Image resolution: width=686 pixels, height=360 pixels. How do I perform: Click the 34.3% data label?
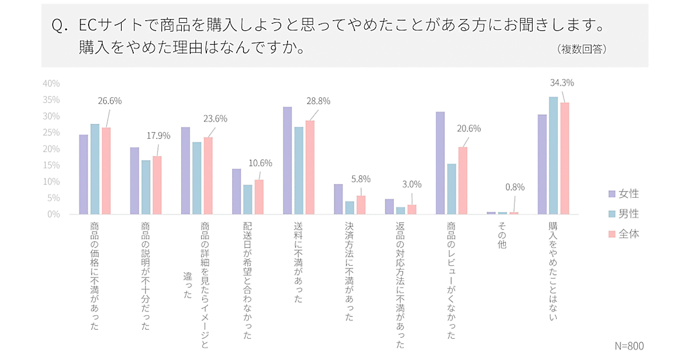(561, 83)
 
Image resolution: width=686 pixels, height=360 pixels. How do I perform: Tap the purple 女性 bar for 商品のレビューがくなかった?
(440, 163)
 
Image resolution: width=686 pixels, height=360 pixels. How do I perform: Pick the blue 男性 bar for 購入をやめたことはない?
(553, 155)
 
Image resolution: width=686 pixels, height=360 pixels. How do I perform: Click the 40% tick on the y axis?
(51, 83)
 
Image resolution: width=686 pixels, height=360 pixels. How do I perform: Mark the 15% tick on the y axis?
(51, 165)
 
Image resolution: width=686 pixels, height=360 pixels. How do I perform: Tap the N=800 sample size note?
(629, 346)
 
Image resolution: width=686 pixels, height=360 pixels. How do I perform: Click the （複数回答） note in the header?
(581, 49)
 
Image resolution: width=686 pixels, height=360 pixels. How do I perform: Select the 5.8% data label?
(360, 179)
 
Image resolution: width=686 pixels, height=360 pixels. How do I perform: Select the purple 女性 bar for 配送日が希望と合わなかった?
(236, 191)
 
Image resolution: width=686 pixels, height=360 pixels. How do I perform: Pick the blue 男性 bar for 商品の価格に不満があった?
(95, 169)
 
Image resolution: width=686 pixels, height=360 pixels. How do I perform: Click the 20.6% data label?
(469, 129)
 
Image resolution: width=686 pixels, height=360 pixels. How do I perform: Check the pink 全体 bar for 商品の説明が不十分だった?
(157, 185)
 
